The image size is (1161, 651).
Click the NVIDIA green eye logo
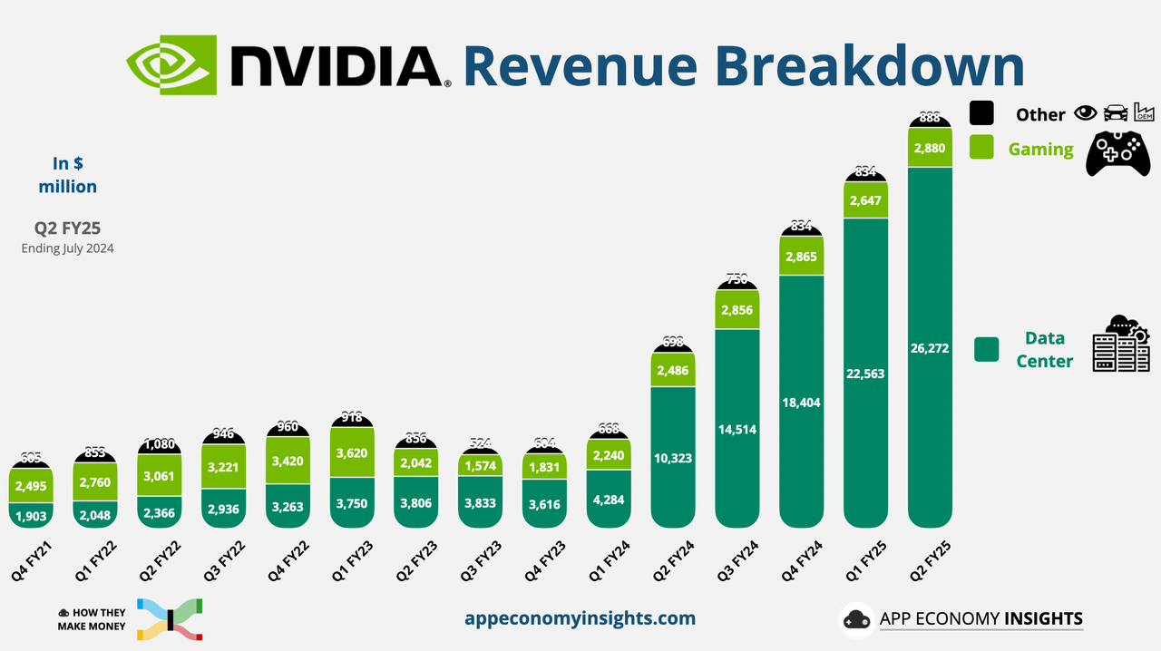pyautogui.click(x=171, y=64)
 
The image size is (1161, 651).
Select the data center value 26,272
pyautogui.click(x=930, y=347)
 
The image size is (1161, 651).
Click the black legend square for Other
pyautogui.click(x=981, y=113)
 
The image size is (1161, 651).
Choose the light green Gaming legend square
pyautogui.click(x=981, y=148)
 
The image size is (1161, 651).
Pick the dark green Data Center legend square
pyautogui.click(x=986, y=349)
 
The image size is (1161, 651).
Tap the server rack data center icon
pyautogui.click(x=1121, y=345)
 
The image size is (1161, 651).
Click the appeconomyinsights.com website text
pyautogui.click(x=580, y=618)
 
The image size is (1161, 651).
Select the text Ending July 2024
pyautogui.click(x=68, y=248)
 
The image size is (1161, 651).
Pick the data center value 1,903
pyautogui.click(x=32, y=514)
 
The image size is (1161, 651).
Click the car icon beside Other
pyautogui.click(x=1116, y=113)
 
